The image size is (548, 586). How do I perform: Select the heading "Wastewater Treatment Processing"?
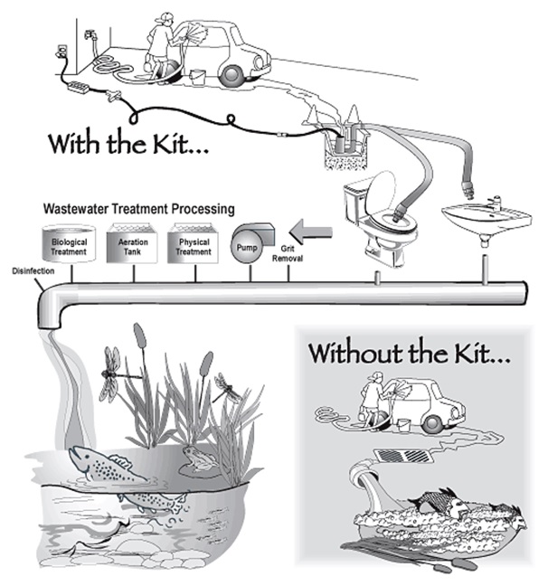128,209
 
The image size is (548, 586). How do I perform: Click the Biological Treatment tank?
69,244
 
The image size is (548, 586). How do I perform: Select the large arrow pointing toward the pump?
310,234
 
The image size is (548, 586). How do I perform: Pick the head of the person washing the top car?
163,20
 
